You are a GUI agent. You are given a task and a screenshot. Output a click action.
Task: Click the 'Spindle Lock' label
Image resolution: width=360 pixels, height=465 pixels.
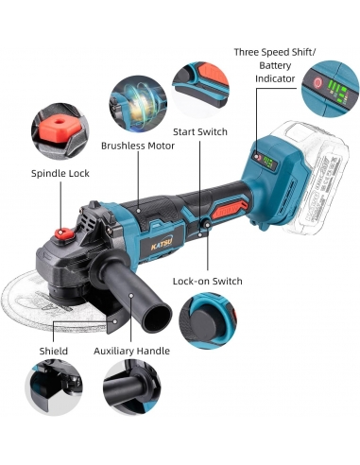60,174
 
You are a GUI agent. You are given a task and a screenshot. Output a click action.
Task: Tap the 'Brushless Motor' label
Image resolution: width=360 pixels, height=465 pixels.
138,146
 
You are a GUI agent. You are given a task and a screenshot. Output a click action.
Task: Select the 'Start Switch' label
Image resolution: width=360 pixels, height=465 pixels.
200,131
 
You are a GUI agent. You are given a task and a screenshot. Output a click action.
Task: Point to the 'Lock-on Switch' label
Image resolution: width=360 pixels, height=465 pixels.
208,281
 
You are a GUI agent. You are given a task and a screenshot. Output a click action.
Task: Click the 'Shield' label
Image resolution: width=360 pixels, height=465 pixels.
54,351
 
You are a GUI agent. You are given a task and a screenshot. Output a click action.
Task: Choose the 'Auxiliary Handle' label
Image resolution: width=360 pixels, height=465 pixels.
131,351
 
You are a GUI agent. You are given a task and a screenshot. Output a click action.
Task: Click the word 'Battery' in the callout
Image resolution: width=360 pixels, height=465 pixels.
275,65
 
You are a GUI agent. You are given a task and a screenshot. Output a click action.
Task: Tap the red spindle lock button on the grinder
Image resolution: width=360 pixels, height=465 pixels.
64,233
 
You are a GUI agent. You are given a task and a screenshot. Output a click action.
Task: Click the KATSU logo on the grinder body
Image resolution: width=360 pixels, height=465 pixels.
162,243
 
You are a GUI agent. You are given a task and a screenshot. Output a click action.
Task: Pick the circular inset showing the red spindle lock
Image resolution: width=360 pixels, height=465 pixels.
60,131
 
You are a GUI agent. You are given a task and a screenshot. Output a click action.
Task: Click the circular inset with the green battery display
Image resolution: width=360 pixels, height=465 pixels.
330,89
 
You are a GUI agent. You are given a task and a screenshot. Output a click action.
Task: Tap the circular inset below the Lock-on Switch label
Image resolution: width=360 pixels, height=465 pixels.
208,320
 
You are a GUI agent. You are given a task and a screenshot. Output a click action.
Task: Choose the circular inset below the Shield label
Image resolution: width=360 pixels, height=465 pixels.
54,387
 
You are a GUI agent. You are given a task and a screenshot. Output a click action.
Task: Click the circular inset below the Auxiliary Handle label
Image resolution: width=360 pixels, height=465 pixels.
131,387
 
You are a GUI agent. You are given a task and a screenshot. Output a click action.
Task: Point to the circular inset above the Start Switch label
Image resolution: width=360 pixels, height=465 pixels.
200,90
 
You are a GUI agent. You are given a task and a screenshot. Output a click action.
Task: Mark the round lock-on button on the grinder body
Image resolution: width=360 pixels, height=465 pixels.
207,224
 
